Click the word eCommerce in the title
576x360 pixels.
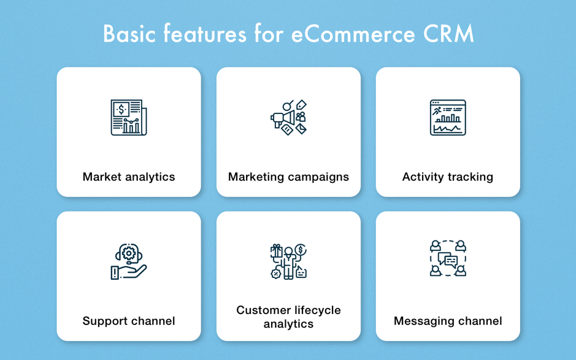pyautogui.click(x=353, y=34)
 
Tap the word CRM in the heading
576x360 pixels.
pyautogui.click(x=448, y=34)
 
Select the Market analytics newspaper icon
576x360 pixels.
pyautogui.click(x=129, y=118)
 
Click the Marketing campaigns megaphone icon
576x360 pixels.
pyautogui.click(x=288, y=118)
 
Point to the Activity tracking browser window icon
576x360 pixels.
pyautogui.click(x=448, y=118)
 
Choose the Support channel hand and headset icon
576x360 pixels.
pyautogui.click(x=129, y=261)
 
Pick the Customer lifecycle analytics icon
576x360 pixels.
pyautogui.click(x=288, y=261)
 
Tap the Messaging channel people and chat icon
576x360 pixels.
pyautogui.click(x=448, y=258)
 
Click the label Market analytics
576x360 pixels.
pyautogui.click(x=129, y=177)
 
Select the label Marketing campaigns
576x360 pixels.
pyautogui.click(x=288, y=177)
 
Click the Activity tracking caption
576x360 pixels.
pyautogui.click(x=448, y=177)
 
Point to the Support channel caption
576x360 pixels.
pyautogui.click(x=129, y=321)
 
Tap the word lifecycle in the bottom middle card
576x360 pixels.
pyautogui.click(x=314, y=310)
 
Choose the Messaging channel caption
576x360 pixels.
pyautogui.click(x=448, y=321)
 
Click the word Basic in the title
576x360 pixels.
pyautogui.click(x=129, y=34)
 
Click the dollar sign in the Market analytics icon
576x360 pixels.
pyautogui.click(x=121, y=109)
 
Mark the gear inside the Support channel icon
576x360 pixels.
pyautogui.click(x=129, y=253)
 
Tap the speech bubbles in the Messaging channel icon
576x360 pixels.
pyautogui.click(x=448, y=260)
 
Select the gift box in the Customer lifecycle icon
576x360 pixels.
pyautogui.click(x=277, y=251)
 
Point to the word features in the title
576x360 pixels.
pyautogui.click(x=205, y=34)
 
